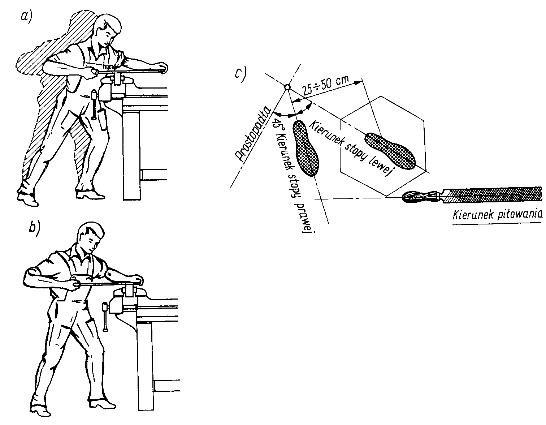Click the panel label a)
click(27, 17)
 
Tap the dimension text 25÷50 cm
click(326, 86)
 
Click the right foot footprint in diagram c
click(305, 149)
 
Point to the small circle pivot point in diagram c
click(287, 87)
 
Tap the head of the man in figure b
click(90, 237)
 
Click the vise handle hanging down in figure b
click(105, 317)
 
